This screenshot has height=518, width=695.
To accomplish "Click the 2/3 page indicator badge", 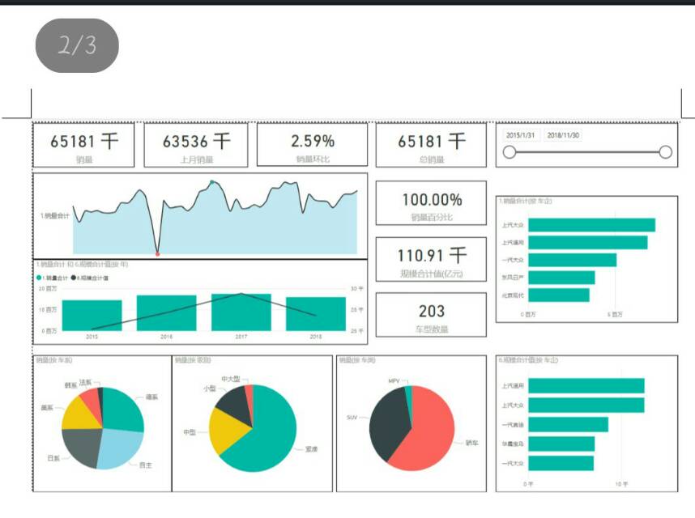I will tap(77, 45).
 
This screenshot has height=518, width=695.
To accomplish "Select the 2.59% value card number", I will tap(313, 141).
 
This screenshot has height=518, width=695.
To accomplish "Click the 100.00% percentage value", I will tap(432, 199).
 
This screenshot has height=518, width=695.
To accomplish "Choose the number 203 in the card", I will tap(432, 311).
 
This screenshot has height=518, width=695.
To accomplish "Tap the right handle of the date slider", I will tap(666, 151).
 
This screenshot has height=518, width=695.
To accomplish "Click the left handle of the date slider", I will tap(510, 151).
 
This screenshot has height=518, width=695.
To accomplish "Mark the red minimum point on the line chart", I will tap(157, 254).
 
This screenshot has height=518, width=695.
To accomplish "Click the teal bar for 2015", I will tap(92, 315).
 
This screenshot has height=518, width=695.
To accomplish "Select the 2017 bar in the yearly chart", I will tap(241, 312).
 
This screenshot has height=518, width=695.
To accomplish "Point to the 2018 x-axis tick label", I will tap(315, 336).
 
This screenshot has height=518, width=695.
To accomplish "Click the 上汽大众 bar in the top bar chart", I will tap(595, 225).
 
